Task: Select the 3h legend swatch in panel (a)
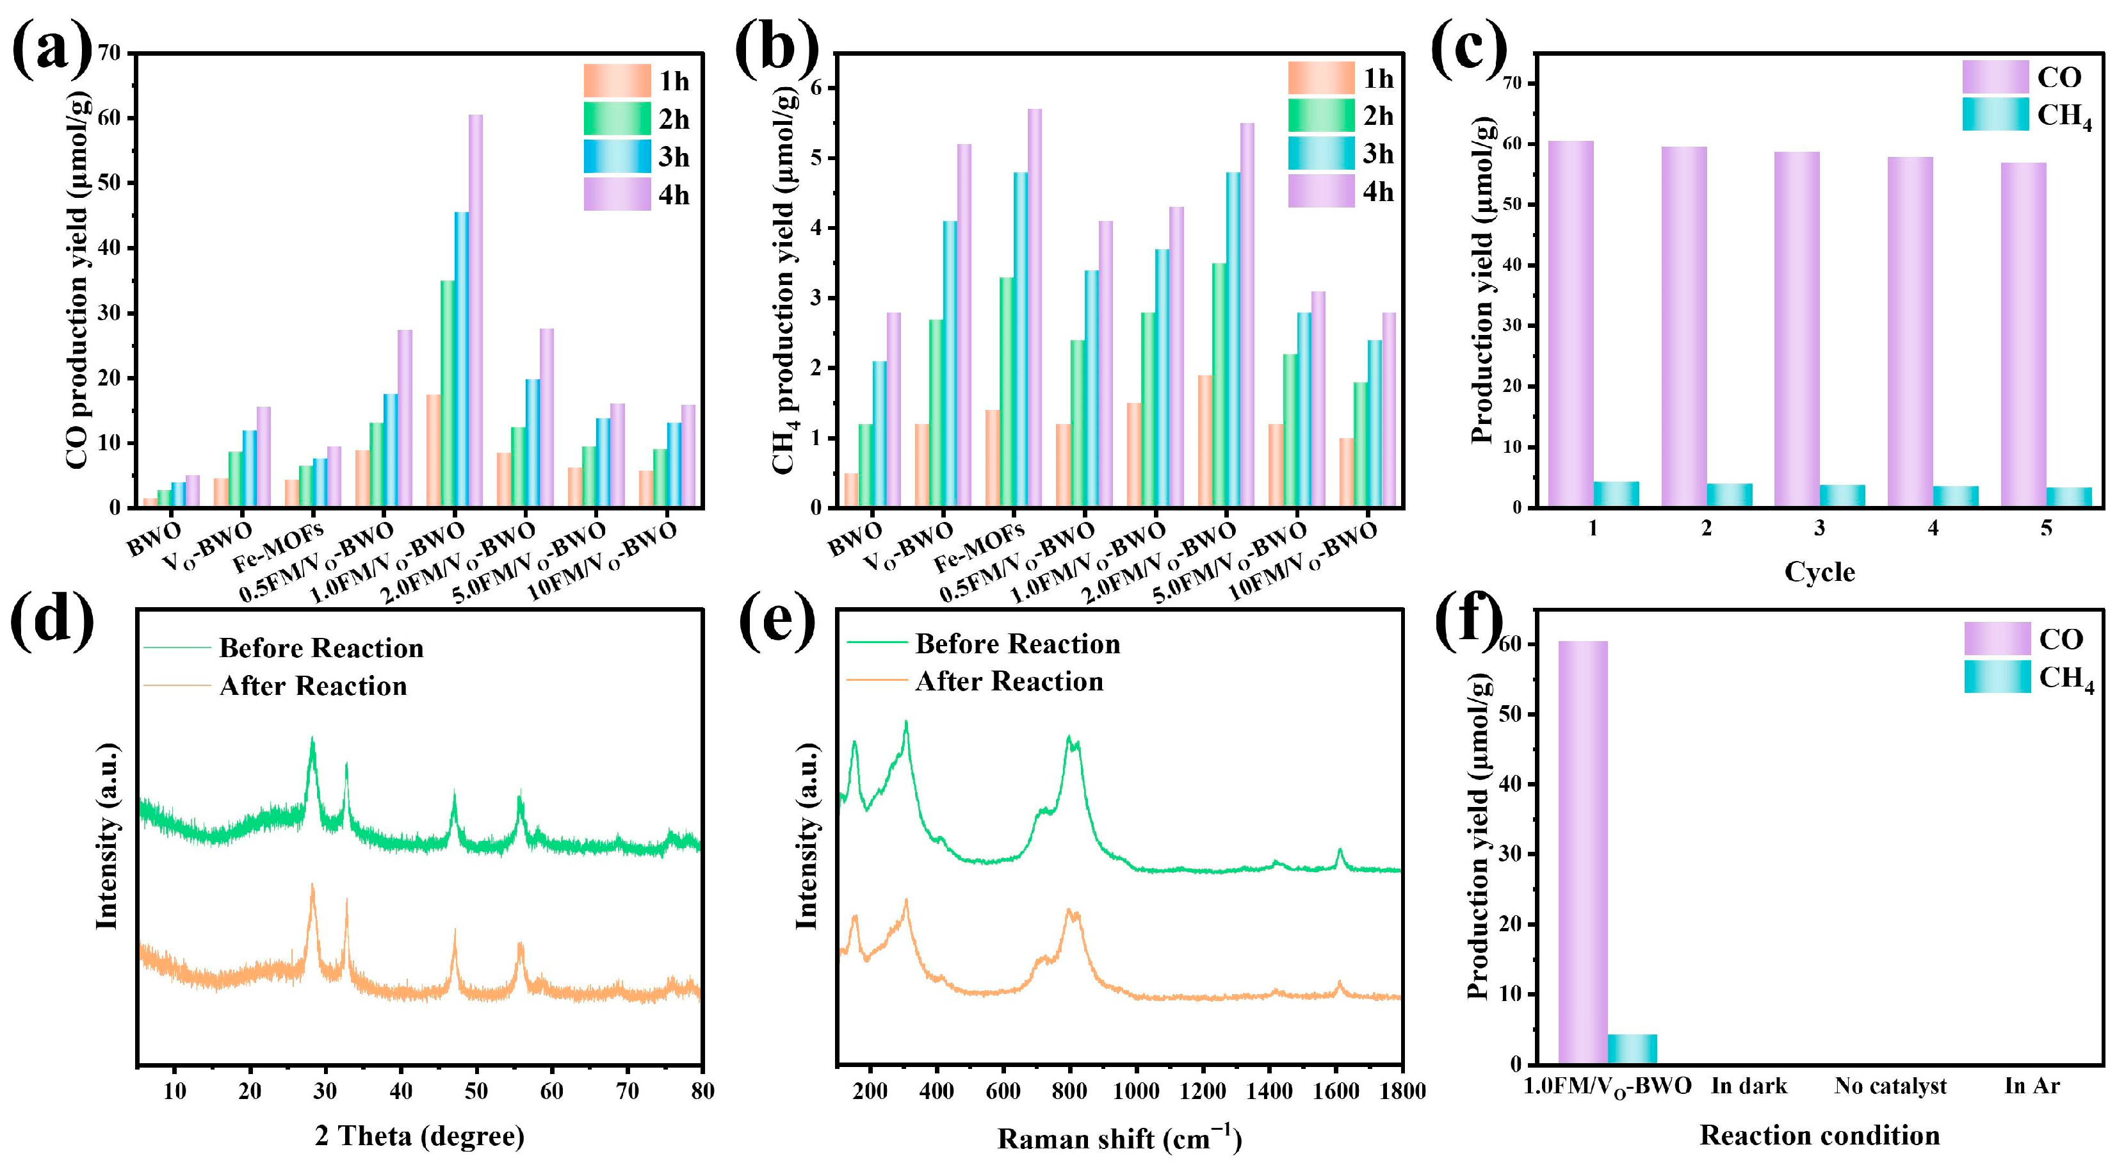pyautogui.click(x=617, y=156)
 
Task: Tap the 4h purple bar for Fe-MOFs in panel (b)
pyautogui.click(x=1034, y=307)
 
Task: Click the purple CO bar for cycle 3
pyautogui.click(x=1796, y=329)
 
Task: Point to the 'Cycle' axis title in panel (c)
pyautogui.click(x=1819, y=572)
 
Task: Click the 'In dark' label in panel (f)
pyautogui.click(x=1749, y=1087)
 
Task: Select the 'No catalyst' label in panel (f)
pyautogui.click(x=1890, y=1087)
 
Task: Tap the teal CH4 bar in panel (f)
pyautogui.click(x=1632, y=1049)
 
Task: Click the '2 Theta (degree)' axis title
pyautogui.click(x=419, y=1136)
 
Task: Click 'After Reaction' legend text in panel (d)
pyautogui.click(x=313, y=686)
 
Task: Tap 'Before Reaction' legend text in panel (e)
pyautogui.click(x=1018, y=644)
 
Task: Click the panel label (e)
pyautogui.click(x=777, y=623)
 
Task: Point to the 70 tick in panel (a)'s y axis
pyautogui.click(x=108, y=53)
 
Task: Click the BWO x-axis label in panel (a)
pyautogui.click(x=154, y=539)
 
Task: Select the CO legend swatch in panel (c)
pyautogui.click(x=1995, y=76)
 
